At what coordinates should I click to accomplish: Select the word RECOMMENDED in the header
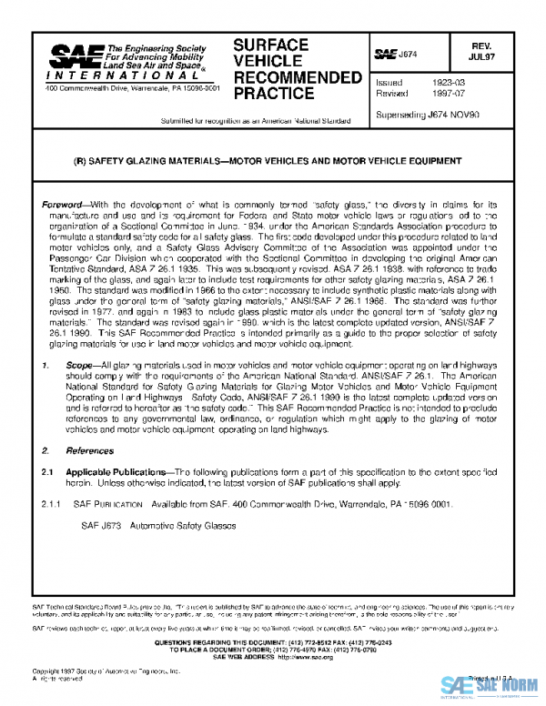(298, 77)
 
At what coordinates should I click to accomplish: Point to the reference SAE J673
(100, 525)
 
